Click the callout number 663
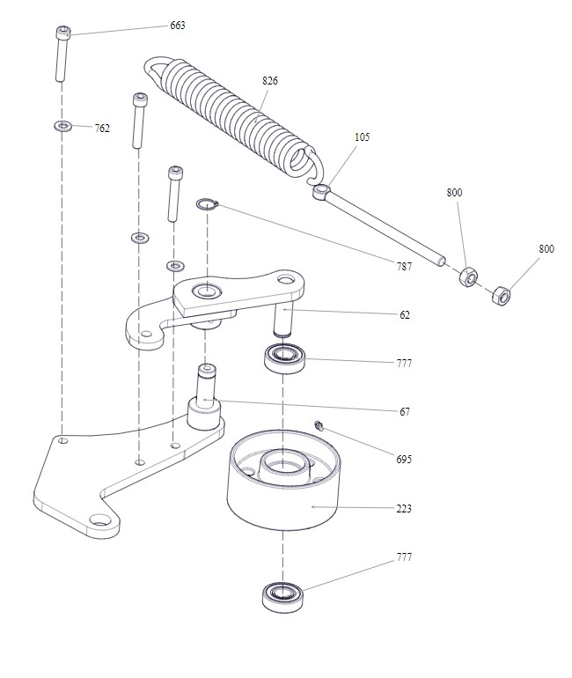click(178, 26)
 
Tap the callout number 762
click(102, 129)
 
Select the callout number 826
click(270, 81)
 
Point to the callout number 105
click(363, 137)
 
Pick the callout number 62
click(404, 314)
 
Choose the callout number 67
click(404, 411)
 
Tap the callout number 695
click(404, 460)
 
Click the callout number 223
click(404, 509)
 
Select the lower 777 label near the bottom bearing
click(404, 557)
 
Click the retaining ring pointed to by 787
click(208, 205)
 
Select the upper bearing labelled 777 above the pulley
click(283, 357)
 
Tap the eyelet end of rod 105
click(322, 189)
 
